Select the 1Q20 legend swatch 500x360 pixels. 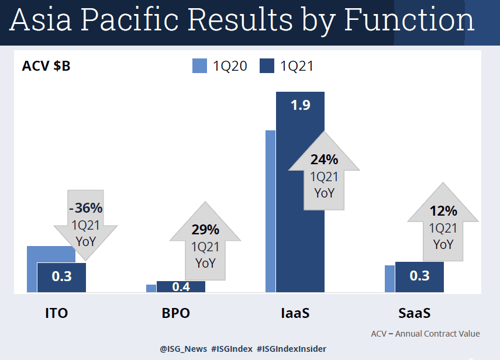200,66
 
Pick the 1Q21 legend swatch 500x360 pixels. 267,66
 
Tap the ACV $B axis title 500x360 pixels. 46,66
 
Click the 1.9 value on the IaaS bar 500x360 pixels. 300,105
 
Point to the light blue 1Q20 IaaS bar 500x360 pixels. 270,210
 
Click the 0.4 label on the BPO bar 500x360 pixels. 181,287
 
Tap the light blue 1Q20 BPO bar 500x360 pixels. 151,288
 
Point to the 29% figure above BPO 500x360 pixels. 205,230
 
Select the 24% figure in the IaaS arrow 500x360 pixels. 324,160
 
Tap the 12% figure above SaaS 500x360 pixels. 443,212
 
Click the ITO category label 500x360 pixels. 57,313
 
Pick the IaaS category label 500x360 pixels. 294,313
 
